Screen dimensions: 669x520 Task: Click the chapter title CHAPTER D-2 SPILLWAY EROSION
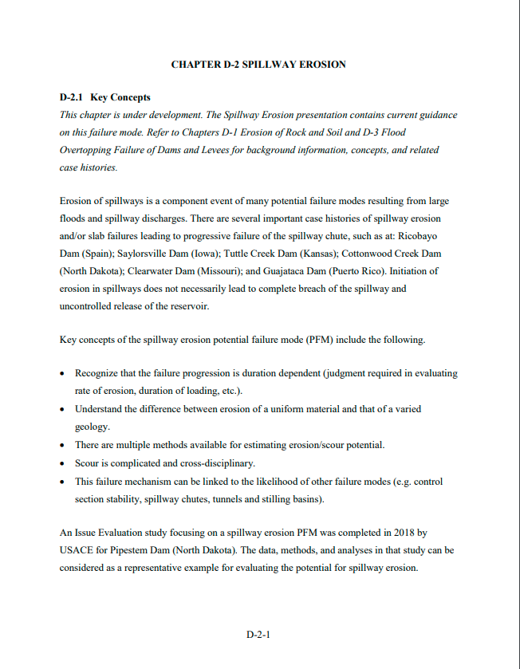tap(258, 64)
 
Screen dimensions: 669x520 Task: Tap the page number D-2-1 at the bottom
tap(258, 635)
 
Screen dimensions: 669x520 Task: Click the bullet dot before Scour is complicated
tap(63, 463)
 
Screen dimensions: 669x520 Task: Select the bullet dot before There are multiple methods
tap(63, 445)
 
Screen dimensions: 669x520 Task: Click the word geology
tap(92, 427)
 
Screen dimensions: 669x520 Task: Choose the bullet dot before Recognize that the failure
tap(63, 373)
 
